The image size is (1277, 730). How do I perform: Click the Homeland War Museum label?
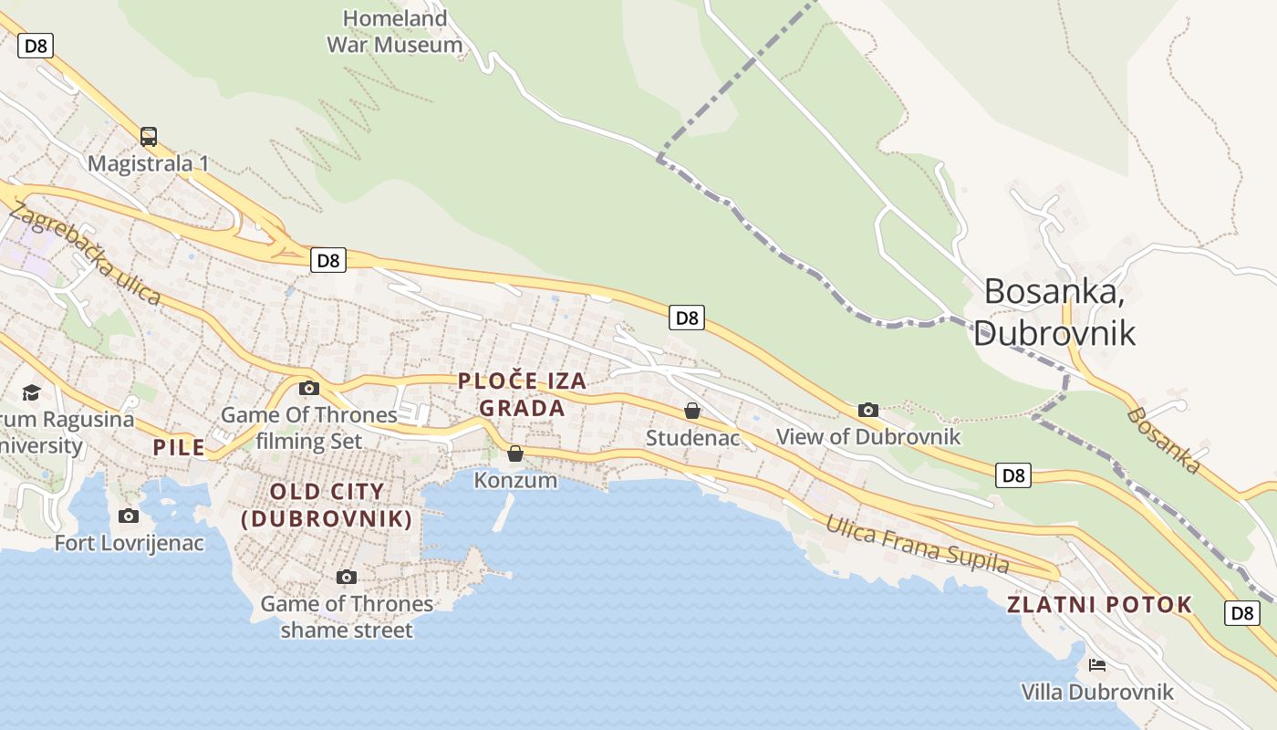tap(395, 31)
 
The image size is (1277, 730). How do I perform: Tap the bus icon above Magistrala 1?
tap(149, 137)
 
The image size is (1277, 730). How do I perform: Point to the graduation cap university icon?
tap(32, 392)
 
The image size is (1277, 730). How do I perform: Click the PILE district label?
tap(179, 447)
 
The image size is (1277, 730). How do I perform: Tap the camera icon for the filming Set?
tap(309, 388)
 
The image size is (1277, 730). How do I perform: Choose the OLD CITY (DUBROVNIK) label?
tap(327, 506)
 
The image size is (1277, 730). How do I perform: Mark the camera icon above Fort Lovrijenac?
tap(129, 516)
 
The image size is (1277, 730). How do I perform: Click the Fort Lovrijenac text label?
tap(130, 543)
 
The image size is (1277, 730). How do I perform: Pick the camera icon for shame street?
tap(346, 577)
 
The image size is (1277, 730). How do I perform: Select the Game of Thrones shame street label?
tap(347, 617)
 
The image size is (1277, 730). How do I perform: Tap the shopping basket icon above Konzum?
tap(515, 454)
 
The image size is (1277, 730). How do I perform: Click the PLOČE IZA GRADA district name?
tap(523, 394)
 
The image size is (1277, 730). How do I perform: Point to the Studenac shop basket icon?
tap(692, 411)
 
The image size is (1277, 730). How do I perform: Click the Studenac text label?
tap(692, 438)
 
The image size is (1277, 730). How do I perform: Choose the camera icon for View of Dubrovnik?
tap(868, 410)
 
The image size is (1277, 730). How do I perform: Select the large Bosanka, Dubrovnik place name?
tap(1054, 311)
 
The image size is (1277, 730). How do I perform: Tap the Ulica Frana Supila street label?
tap(918, 545)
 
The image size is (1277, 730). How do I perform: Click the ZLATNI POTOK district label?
tap(1099, 604)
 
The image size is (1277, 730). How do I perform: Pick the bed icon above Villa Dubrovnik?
tap(1097, 664)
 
